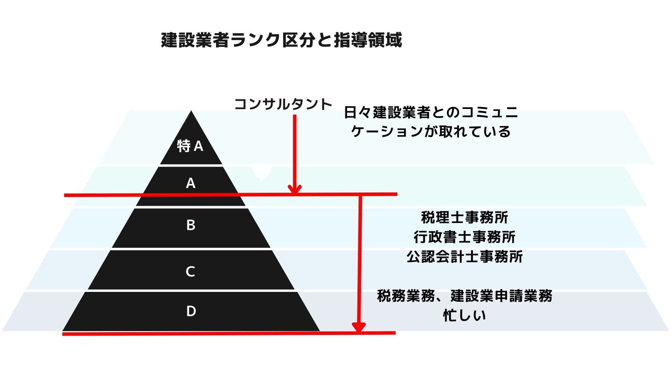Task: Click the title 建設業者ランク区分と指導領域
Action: point(281,40)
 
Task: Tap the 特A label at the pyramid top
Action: point(190,146)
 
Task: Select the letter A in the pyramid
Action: point(190,183)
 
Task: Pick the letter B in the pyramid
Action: point(190,225)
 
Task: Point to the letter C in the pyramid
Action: point(190,271)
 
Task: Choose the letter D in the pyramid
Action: point(191,311)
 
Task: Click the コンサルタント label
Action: point(283,104)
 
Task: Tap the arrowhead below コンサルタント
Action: point(295,190)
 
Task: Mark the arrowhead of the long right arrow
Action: point(359,327)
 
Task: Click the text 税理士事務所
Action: point(464,217)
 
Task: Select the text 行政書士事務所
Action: point(464,237)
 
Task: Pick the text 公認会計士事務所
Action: point(464,257)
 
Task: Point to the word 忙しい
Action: point(464,315)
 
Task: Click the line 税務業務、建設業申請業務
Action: point(464,296)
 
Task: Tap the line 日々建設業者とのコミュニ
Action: point(431,112)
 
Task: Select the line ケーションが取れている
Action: point(431,132)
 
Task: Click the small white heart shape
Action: point(262,174)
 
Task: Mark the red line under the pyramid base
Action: point(229,334)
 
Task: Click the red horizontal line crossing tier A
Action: point(231,195)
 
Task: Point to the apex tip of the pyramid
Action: point(191,111)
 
